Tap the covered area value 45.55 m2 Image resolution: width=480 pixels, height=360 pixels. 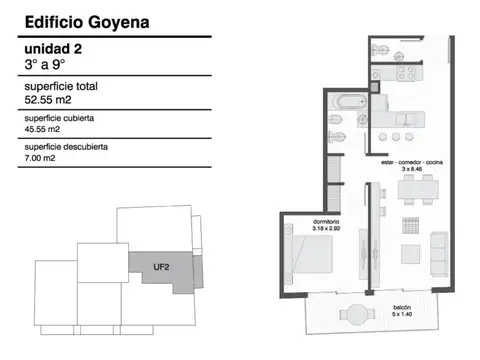tap(41, 129)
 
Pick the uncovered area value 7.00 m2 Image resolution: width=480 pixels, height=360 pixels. tap(39, 158)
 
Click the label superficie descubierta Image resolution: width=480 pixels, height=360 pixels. tap(65, 147)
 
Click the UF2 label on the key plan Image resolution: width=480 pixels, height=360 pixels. tap(160, 266)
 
